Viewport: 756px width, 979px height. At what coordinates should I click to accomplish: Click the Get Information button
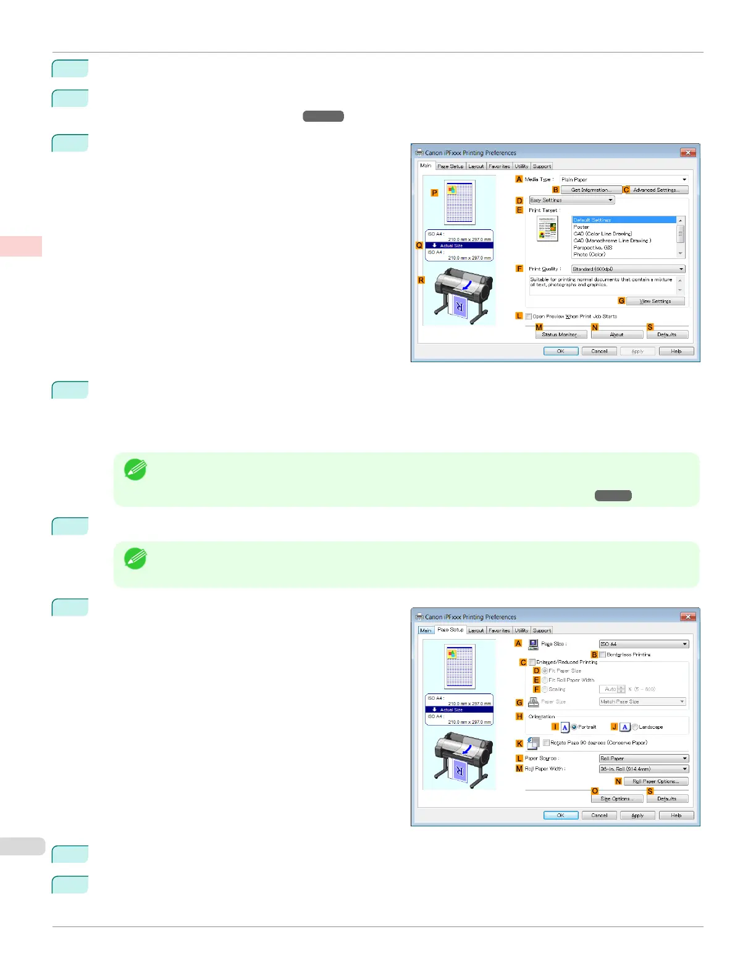click(x=590, y=190)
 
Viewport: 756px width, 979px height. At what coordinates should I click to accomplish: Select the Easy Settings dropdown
click(x=571, y=200)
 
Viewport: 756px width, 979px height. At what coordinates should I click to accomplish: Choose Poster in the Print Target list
click(x=582, y=227)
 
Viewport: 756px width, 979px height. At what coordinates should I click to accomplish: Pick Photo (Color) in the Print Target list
click(x=589, y=254)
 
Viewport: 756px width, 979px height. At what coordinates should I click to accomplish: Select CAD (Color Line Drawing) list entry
click(x=603, y=234)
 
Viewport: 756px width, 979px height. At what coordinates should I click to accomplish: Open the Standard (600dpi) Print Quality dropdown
click(x=628, y=269)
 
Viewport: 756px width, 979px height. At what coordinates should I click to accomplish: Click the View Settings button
click(x=655, y=301)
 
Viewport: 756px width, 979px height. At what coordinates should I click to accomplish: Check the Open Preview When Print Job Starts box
click(x=529, y=316)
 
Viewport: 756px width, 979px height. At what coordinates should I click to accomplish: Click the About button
click(x=616, y=334)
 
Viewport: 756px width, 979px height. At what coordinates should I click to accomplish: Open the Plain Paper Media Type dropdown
click(x=623, y=179)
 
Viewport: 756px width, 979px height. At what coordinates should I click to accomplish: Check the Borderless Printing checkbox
click(x=603, y=655)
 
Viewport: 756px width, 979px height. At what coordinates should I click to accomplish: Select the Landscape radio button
click(x=635, y=727)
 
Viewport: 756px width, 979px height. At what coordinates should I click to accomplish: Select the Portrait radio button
click(x=574, y=727)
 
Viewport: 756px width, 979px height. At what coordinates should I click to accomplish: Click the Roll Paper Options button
click(x=655, y=781)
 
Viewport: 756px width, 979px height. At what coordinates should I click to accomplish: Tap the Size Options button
click(x=616, y=799)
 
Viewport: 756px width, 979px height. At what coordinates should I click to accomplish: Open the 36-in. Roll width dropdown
click(x=643, y=769)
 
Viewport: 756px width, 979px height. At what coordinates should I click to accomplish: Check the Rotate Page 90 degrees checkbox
click(x=547, y=743)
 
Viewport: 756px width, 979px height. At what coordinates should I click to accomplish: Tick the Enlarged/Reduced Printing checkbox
click(x=532, y=663)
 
